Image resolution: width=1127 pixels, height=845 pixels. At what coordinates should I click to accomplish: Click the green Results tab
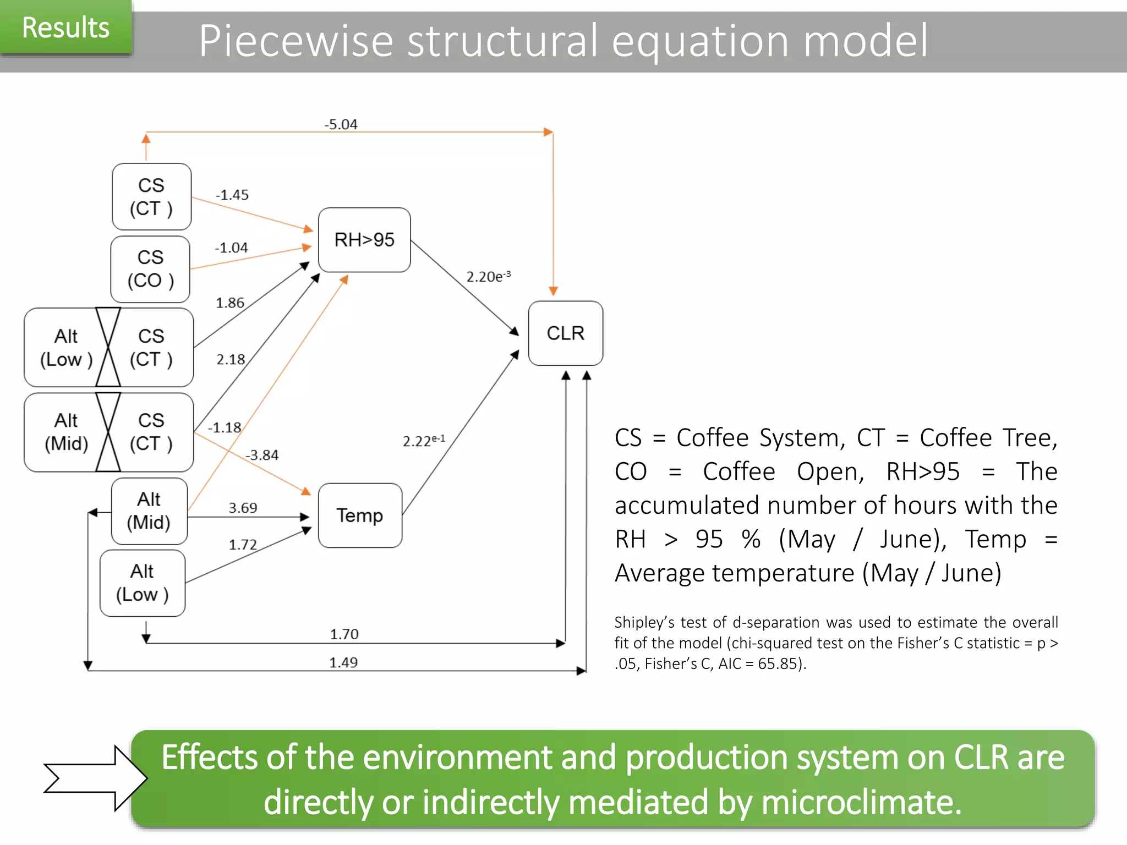pos(65,28)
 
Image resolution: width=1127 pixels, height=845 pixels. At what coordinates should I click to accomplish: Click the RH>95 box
pos(364,240)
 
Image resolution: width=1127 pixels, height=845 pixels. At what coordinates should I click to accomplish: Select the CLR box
pos(565,333)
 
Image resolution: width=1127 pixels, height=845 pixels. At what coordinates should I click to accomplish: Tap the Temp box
pos(360,515)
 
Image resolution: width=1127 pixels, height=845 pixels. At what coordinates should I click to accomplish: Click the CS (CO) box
pos(150,269)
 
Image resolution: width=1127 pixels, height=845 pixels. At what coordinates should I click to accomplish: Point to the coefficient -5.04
pos(341,124)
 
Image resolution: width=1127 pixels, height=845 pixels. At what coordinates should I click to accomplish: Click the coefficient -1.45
pos(232,195)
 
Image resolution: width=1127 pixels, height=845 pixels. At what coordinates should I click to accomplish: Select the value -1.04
pos(231,248)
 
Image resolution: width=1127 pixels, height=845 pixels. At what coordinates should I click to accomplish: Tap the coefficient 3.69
pos(243,507)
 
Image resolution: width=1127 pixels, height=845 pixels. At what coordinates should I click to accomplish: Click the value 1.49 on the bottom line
pos(343,662)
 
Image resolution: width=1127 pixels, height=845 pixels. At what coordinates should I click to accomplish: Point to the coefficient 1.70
pos(344,634)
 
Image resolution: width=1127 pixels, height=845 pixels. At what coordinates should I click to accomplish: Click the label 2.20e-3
pos(488,276)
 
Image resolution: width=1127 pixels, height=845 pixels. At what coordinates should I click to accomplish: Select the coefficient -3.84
pos(262,455)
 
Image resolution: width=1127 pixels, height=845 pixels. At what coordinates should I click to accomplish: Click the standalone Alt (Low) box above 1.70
pos(143,583)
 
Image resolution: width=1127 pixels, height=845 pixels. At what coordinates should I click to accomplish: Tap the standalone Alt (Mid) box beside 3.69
pos(149,511)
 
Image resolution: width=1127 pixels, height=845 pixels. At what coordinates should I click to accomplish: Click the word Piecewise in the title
pos(296,41)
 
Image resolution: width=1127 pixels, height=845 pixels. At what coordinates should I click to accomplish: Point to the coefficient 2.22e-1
pos(424,441)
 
